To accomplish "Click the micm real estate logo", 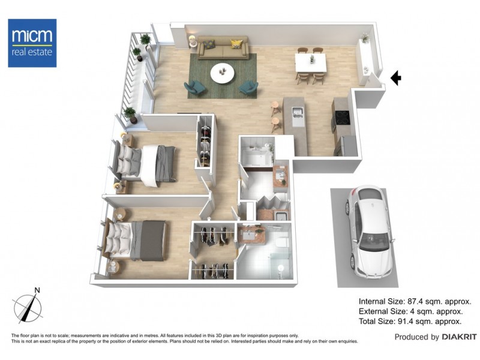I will click(x=32, y=43).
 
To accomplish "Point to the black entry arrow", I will click(x=395, y=77).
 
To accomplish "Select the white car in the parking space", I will click(x=370, y=232).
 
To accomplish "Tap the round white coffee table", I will click(x=223, y=73).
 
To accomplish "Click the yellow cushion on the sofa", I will click(x=236, y=44).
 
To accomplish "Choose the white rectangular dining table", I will click(x=311, y=61).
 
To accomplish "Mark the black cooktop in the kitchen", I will click(x=342, y=118).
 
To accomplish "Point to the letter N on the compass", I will click(x=37, y=290).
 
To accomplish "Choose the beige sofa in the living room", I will click(x=223, y=48).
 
